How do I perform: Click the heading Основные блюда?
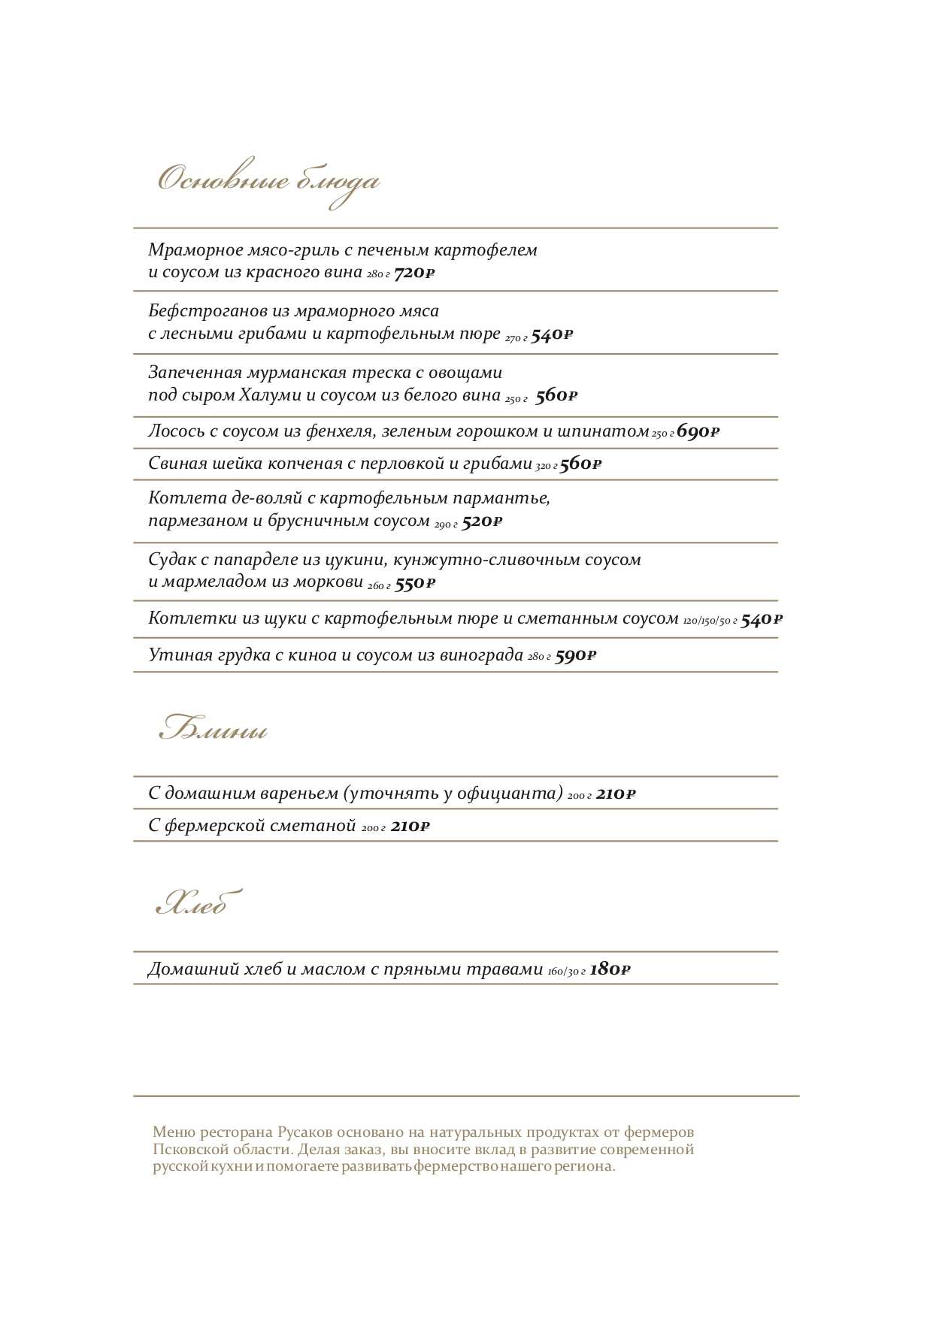click(x=268, y=182)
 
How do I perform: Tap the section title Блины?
click(x=214, y=730)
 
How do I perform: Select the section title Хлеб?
click(x=198, y=904)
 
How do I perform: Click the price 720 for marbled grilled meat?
click(x=414, y=273)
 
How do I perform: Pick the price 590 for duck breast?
click(x=575, y=656)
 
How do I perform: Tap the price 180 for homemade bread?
click(x=610, y=969)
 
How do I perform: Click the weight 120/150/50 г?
click(x=710, y=621)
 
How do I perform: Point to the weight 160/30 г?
click(x=566, y=972)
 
